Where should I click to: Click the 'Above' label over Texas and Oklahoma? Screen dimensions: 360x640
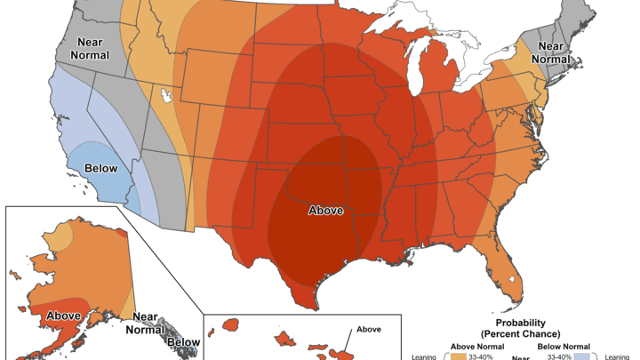(x=325, y=211)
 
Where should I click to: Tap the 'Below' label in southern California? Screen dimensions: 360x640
(x=100, y=168)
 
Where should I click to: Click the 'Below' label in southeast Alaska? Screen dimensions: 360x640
(x=184, y=341)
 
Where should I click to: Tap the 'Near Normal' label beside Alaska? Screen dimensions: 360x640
(x=144, y=323)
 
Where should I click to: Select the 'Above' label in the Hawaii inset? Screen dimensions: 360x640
(x=368, y=329)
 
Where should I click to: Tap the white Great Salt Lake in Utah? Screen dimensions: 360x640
(x=165, y=92)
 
